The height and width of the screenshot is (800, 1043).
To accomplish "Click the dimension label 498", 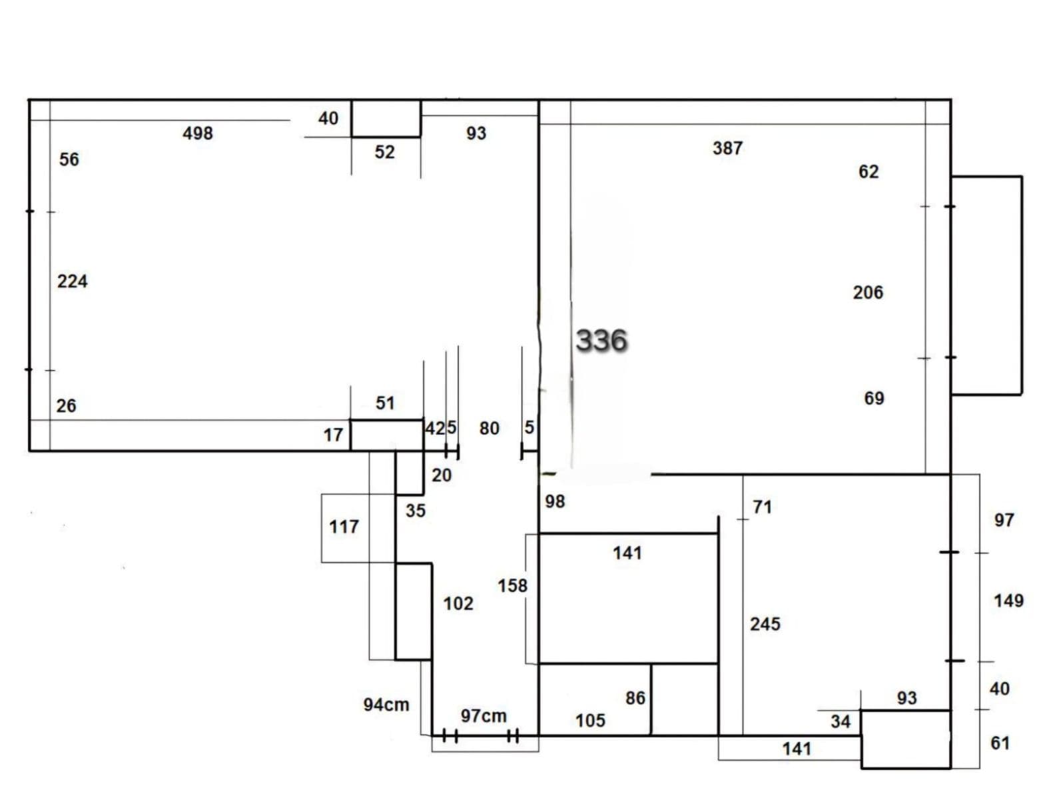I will [x=198, y=133].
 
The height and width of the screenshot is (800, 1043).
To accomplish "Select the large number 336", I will [x=601, y=340].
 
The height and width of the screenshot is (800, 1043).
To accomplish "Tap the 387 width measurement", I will [x=727, y=148].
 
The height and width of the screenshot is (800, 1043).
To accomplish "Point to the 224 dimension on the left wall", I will [x=72, y=281].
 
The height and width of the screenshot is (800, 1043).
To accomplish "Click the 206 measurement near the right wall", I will [x=868, y=293].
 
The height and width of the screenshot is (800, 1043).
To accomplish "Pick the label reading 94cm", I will [x=386, y=705].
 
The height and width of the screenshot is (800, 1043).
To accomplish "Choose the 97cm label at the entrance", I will [x=484, y=716].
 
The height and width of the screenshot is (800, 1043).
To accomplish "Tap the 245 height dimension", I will [x=765, y=624].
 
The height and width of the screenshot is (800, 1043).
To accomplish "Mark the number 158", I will [x=512, y=586].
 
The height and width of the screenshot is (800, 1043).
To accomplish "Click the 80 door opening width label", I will [x=489, y=429].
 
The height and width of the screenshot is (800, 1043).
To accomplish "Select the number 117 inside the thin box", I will [x=344, y=527].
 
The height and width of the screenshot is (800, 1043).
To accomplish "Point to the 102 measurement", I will [x=458, y=604].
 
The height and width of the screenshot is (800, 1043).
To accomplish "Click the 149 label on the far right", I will [x=1008, y=601].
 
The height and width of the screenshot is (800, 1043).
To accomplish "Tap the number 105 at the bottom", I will [x=590, y=721].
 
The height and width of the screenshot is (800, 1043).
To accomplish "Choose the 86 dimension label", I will [x=635, y=698].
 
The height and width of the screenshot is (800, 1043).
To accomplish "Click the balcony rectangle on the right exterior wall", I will [x=986, y=285].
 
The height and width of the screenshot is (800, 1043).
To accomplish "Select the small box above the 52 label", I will [x=386, y=119].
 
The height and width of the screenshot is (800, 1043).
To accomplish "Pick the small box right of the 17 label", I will [x=386, y=435].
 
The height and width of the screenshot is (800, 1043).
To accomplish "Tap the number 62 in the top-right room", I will [x=868, y=172].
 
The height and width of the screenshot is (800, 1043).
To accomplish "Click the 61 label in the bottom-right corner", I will [x=1000, y=743].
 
